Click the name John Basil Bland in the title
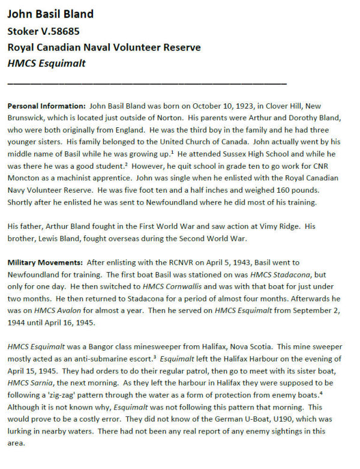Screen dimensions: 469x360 coord(50,14)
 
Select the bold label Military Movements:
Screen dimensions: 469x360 coord(46,262)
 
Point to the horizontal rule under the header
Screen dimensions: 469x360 coord(147,83)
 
